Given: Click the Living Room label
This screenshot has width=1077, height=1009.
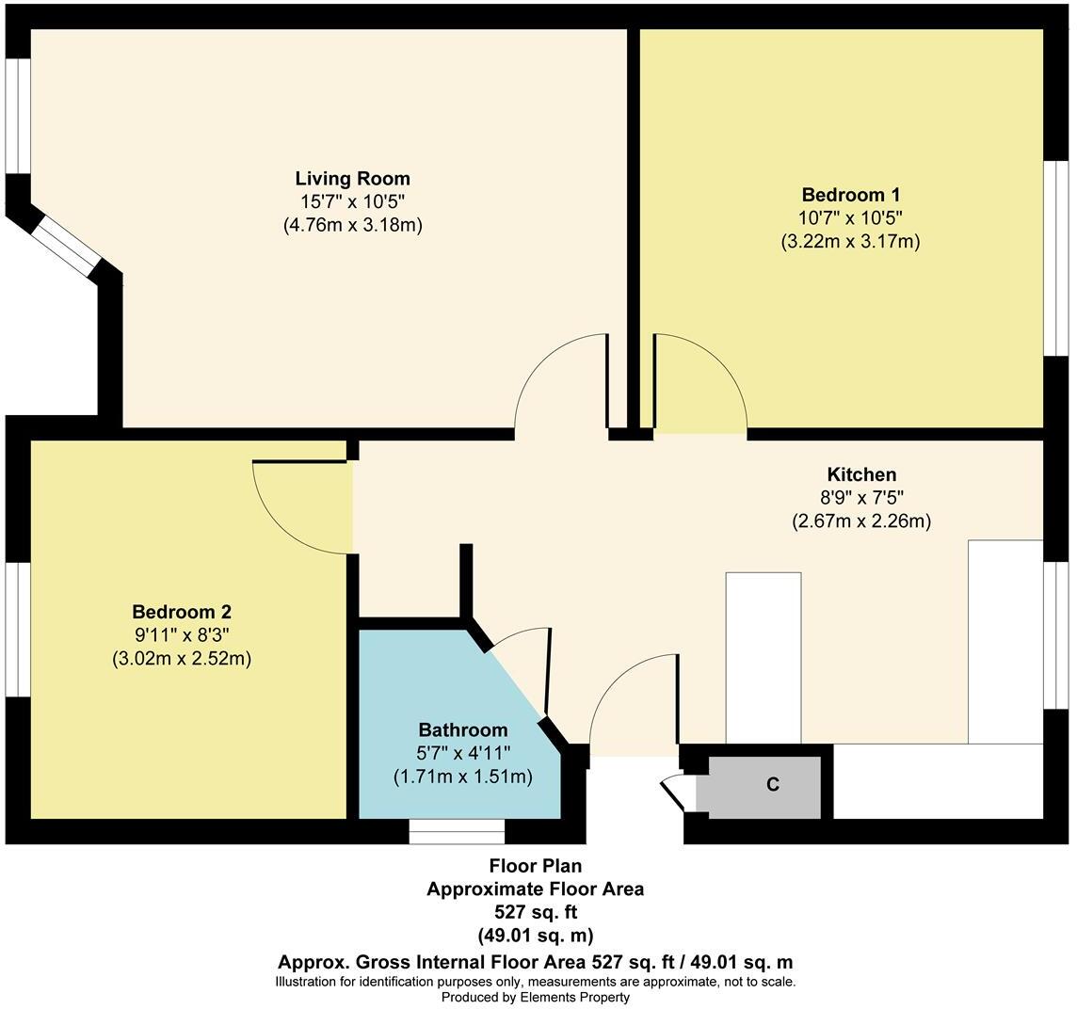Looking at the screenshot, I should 352,179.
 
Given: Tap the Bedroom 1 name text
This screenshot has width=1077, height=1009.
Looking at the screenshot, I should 850,195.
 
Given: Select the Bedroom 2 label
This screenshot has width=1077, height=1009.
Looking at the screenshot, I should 181,611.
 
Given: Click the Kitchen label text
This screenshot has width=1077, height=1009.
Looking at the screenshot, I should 860,474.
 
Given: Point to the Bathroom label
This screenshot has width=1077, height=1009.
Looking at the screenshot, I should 462,729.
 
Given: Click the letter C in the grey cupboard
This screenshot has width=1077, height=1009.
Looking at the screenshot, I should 772,784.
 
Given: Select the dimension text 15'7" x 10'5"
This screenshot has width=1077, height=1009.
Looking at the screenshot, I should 352,202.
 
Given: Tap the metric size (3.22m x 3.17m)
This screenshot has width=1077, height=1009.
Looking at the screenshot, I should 850,241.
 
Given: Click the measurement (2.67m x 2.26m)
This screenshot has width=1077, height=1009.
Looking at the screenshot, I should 860,521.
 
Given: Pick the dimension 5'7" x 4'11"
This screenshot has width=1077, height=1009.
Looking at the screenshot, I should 462,753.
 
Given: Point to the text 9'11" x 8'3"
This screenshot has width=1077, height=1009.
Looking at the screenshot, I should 181,634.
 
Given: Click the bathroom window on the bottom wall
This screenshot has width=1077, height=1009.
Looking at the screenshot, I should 457,831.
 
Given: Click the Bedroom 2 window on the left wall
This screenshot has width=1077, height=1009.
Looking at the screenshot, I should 18,629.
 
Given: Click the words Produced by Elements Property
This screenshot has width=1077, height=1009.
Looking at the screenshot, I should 535,997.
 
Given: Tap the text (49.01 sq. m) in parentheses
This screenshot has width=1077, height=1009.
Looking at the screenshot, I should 535,935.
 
